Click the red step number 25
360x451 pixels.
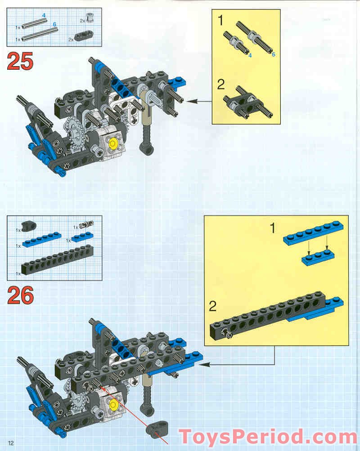[20, 61]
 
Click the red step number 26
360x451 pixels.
[20, 295]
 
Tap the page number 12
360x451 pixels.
[11, 443]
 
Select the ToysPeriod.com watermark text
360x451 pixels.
[268, 437]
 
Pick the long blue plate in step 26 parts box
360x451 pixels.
[42, 239]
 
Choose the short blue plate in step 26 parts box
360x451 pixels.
[82, 237]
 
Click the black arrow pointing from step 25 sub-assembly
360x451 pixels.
[199, 101]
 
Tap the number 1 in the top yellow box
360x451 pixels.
[220, 20]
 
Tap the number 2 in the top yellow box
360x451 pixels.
[220, 84]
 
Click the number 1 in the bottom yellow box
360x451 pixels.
[272, 228]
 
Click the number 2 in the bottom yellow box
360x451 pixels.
[213, 306]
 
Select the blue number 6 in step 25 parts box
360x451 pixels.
[54, 24]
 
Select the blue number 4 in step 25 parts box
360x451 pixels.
[44, 15]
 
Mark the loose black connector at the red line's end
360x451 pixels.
[157, 429]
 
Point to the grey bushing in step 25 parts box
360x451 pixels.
[90, 18]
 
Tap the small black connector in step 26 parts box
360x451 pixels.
[29, 226]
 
